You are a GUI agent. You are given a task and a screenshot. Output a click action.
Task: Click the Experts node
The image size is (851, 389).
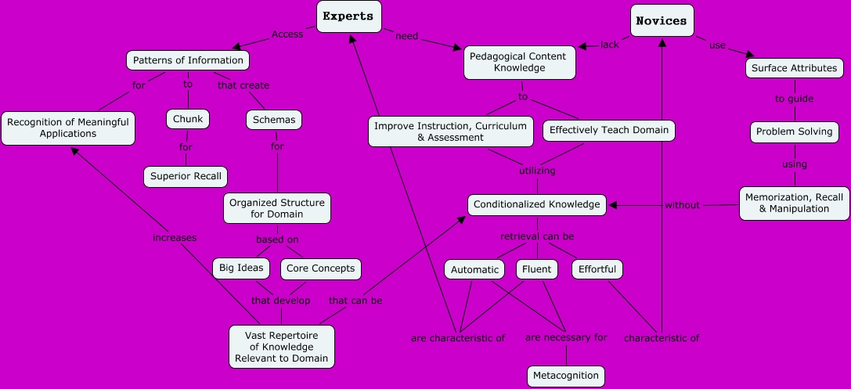click(348, 16)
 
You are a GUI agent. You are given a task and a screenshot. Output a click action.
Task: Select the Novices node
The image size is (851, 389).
click(662, 21)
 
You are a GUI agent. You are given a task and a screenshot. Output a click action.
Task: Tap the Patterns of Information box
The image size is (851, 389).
click(188, 60)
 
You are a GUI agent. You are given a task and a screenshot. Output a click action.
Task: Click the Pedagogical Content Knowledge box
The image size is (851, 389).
click(519, 62)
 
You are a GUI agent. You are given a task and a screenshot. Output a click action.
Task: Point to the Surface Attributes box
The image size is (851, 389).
click(794, 68)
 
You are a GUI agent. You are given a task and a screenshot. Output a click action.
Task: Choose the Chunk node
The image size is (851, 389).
click(188, 119)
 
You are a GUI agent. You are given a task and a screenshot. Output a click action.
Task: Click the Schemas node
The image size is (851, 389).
click(273, 120)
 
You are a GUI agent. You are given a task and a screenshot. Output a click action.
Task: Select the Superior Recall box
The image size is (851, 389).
click(186, 176)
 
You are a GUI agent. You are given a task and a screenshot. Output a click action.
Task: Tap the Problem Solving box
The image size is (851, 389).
click(794, 131)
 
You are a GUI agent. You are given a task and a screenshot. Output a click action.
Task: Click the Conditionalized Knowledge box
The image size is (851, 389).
click(537, 205)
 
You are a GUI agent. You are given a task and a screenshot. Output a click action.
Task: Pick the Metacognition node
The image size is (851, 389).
click(566, 376)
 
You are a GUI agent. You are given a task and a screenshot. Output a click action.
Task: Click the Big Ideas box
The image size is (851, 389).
click(241, 268)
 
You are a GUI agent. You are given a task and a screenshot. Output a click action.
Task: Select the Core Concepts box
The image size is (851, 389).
click(320, 268)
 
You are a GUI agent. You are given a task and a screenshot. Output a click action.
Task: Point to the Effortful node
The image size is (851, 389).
click(597, 269)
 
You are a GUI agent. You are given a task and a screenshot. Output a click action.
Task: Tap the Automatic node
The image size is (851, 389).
click(474, 269)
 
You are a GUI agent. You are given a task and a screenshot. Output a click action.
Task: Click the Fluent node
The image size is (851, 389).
click(536, 269)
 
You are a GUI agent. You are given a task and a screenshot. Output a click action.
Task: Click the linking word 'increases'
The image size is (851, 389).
click(175, 237)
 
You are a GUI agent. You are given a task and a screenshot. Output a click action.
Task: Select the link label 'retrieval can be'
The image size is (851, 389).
click(537, 236)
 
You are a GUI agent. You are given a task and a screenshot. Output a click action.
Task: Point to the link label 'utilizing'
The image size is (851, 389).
click(537, 170)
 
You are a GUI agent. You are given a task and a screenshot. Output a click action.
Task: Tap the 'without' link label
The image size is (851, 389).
click(682, 205)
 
